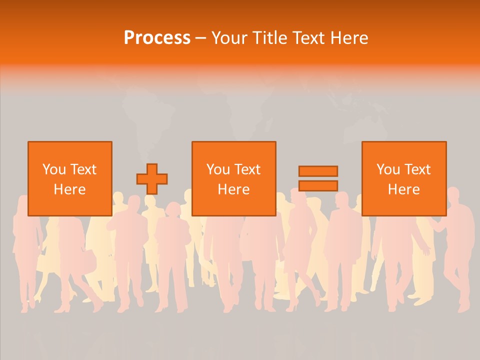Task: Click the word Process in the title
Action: coord(157,38)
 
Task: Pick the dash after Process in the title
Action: coord(200,38)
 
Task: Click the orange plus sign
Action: coord(152,179)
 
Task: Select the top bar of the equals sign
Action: coord(318,171)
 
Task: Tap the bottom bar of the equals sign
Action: coord(318,185)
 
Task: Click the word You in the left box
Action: coord(54,169)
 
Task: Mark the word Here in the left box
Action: coord(69,189)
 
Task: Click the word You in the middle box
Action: coord(218,169)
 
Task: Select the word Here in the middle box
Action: coord(233,189)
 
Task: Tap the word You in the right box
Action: coord(388,169)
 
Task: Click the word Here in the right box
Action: coord(403,189)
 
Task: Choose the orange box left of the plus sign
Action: coord(69,205)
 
